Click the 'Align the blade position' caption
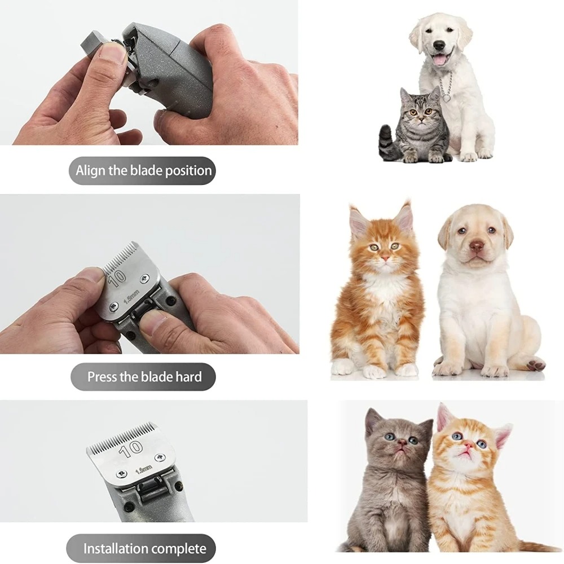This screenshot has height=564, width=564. [144, 170]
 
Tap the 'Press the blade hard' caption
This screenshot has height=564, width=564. [144, 376]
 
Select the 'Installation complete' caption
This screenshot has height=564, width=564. [144, 548]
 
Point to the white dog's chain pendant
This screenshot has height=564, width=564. [446, 97]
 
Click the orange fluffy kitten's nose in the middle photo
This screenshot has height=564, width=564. [385, 257]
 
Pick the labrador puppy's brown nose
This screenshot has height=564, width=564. [477, 246]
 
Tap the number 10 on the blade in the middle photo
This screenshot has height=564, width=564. [118, 277]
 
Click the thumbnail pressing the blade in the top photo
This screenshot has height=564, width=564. [116, 54]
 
